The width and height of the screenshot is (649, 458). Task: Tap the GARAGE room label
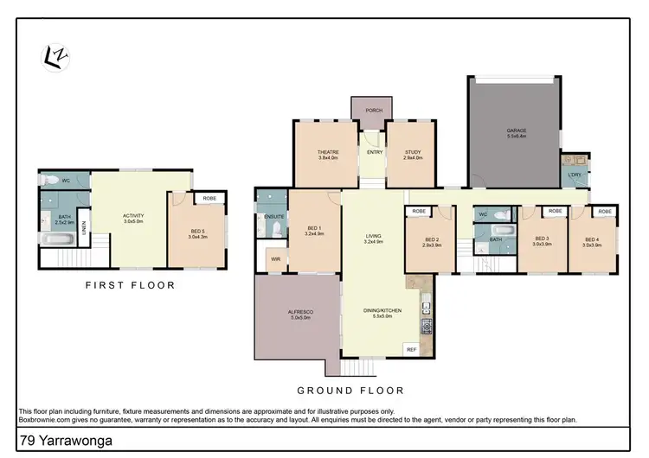click(517, 131)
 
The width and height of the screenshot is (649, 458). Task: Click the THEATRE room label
click(328, 155)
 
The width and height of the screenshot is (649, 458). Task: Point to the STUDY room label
click(413, 155)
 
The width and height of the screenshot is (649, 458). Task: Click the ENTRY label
click(374, 153)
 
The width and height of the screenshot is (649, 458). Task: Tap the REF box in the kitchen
click(410, 348)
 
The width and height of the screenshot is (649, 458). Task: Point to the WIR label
click(275, 258)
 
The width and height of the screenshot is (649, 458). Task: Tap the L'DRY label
click(574, 175)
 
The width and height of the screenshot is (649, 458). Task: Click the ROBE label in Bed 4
click(604, 211)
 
